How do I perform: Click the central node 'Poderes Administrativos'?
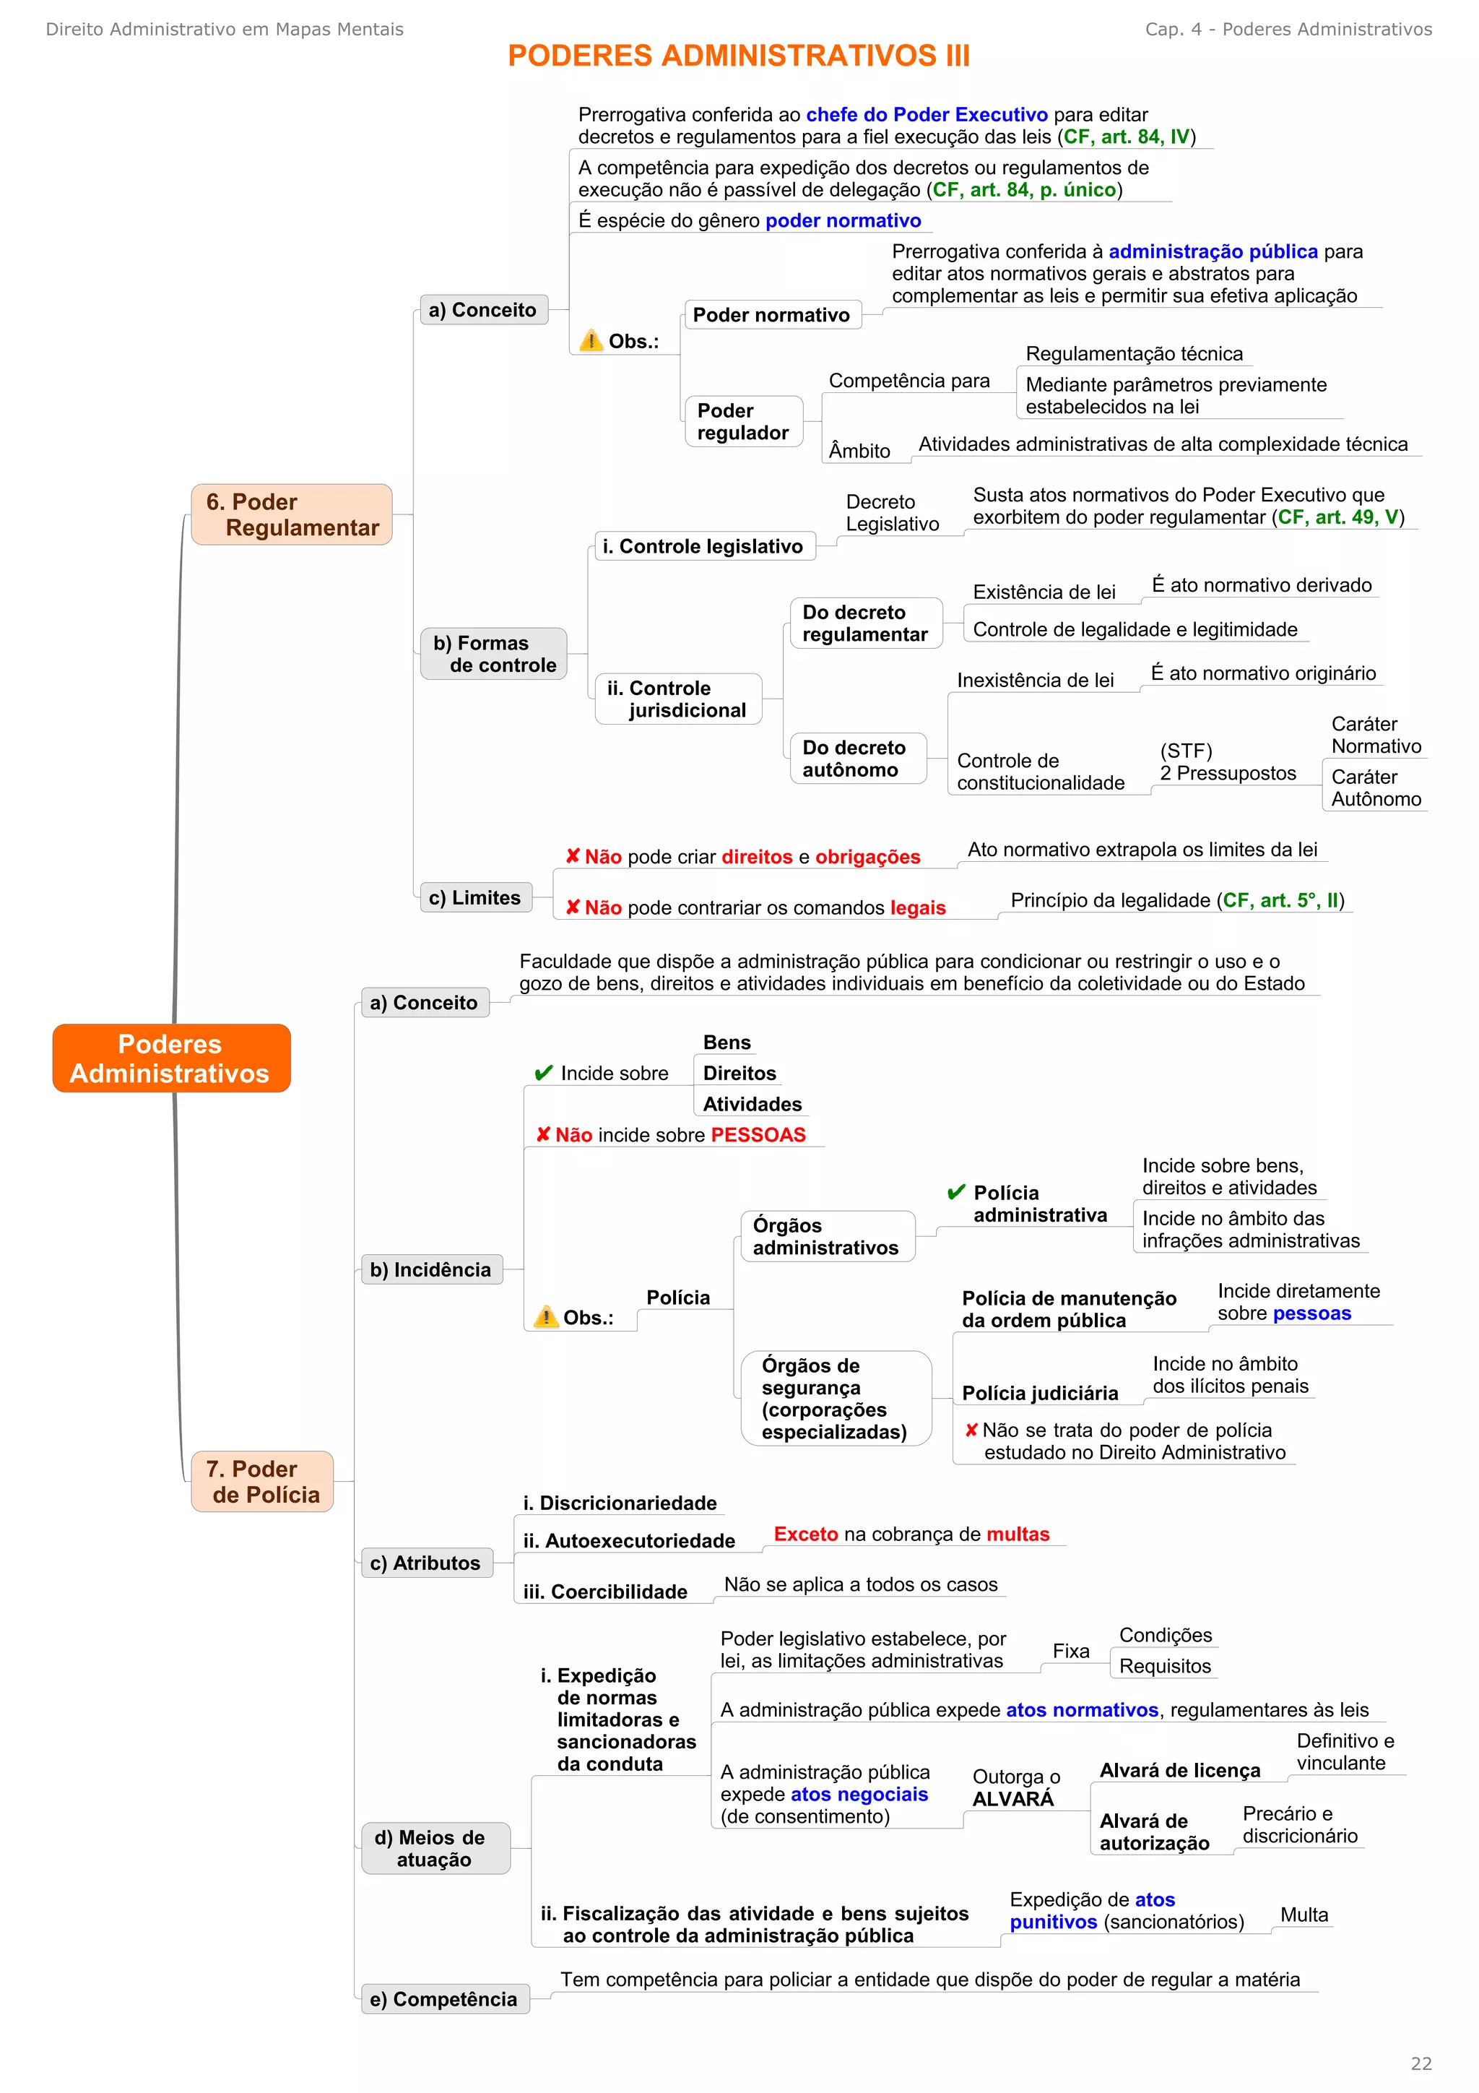click(x=171, y=1058)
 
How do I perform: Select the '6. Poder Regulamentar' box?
click(x=292, y=514)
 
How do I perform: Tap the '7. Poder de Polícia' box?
click(x=262, y=1481)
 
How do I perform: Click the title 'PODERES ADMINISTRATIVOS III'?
click(x=738, y=56)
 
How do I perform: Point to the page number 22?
click(x=1421, y=2063)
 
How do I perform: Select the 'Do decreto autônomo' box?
click(x=856, y=759)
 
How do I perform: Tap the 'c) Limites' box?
click(x=474, y=897)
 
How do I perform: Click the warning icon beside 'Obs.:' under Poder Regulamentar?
click(x=591, y=340)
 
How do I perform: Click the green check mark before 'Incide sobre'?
click(x=544, y=1073)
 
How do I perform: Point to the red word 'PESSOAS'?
click(x=758, y=1135)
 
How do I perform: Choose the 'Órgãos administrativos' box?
click(x=827, y=1236)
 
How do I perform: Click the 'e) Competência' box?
click(x=445, y=1998)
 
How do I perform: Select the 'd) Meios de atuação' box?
click(x=435, y=1848)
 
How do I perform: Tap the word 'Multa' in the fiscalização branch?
click(x=1304, y=1915)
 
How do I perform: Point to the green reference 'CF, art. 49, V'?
click(x=1337, y=518)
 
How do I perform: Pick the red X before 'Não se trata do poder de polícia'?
click(x=971, y=1430)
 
